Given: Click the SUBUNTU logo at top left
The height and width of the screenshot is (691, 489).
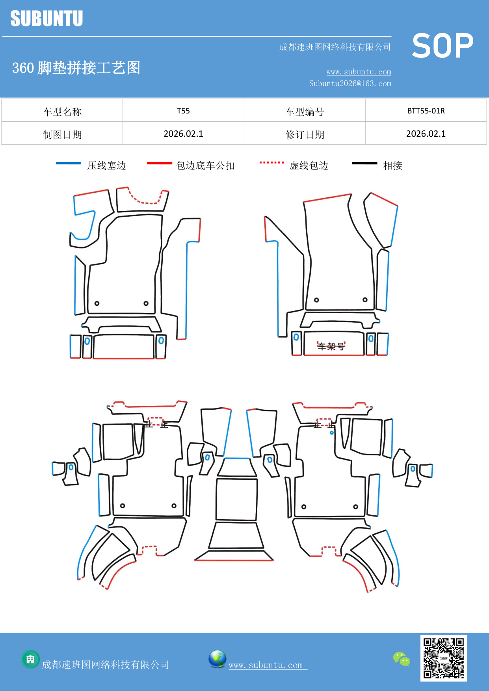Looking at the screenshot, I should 46,19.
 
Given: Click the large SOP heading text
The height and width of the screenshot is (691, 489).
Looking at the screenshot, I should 442,46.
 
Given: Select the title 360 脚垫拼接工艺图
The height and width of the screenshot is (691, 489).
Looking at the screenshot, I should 76,68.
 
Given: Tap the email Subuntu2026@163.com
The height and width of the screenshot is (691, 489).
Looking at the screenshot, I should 350,84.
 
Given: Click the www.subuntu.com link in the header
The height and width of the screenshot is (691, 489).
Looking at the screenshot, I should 359,72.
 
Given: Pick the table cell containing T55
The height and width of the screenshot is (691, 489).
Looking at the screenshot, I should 183,111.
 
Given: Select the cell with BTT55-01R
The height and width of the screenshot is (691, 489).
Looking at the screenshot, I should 426,111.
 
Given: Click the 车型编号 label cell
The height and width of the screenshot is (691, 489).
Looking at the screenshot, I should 305,112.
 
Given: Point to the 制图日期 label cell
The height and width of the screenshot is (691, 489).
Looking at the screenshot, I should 62,135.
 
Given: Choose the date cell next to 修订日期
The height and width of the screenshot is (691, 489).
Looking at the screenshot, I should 426,134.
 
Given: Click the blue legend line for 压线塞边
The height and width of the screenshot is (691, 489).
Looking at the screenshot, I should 69,163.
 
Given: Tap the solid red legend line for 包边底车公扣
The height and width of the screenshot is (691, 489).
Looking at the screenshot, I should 159,163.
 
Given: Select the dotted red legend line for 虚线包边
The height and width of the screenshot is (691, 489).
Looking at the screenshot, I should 271,162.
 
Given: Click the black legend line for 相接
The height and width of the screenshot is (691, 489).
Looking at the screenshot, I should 364,163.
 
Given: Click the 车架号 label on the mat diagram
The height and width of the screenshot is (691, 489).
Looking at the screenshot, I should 331,346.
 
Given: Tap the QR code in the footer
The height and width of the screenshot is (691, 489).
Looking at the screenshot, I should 443,658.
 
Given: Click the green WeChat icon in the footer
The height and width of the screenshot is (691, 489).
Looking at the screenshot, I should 402,659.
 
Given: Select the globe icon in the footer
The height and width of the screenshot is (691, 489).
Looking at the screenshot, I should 217,659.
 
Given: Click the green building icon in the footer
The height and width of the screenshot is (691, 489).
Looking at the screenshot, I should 30,659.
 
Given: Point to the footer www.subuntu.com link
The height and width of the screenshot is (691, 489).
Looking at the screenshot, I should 266,665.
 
